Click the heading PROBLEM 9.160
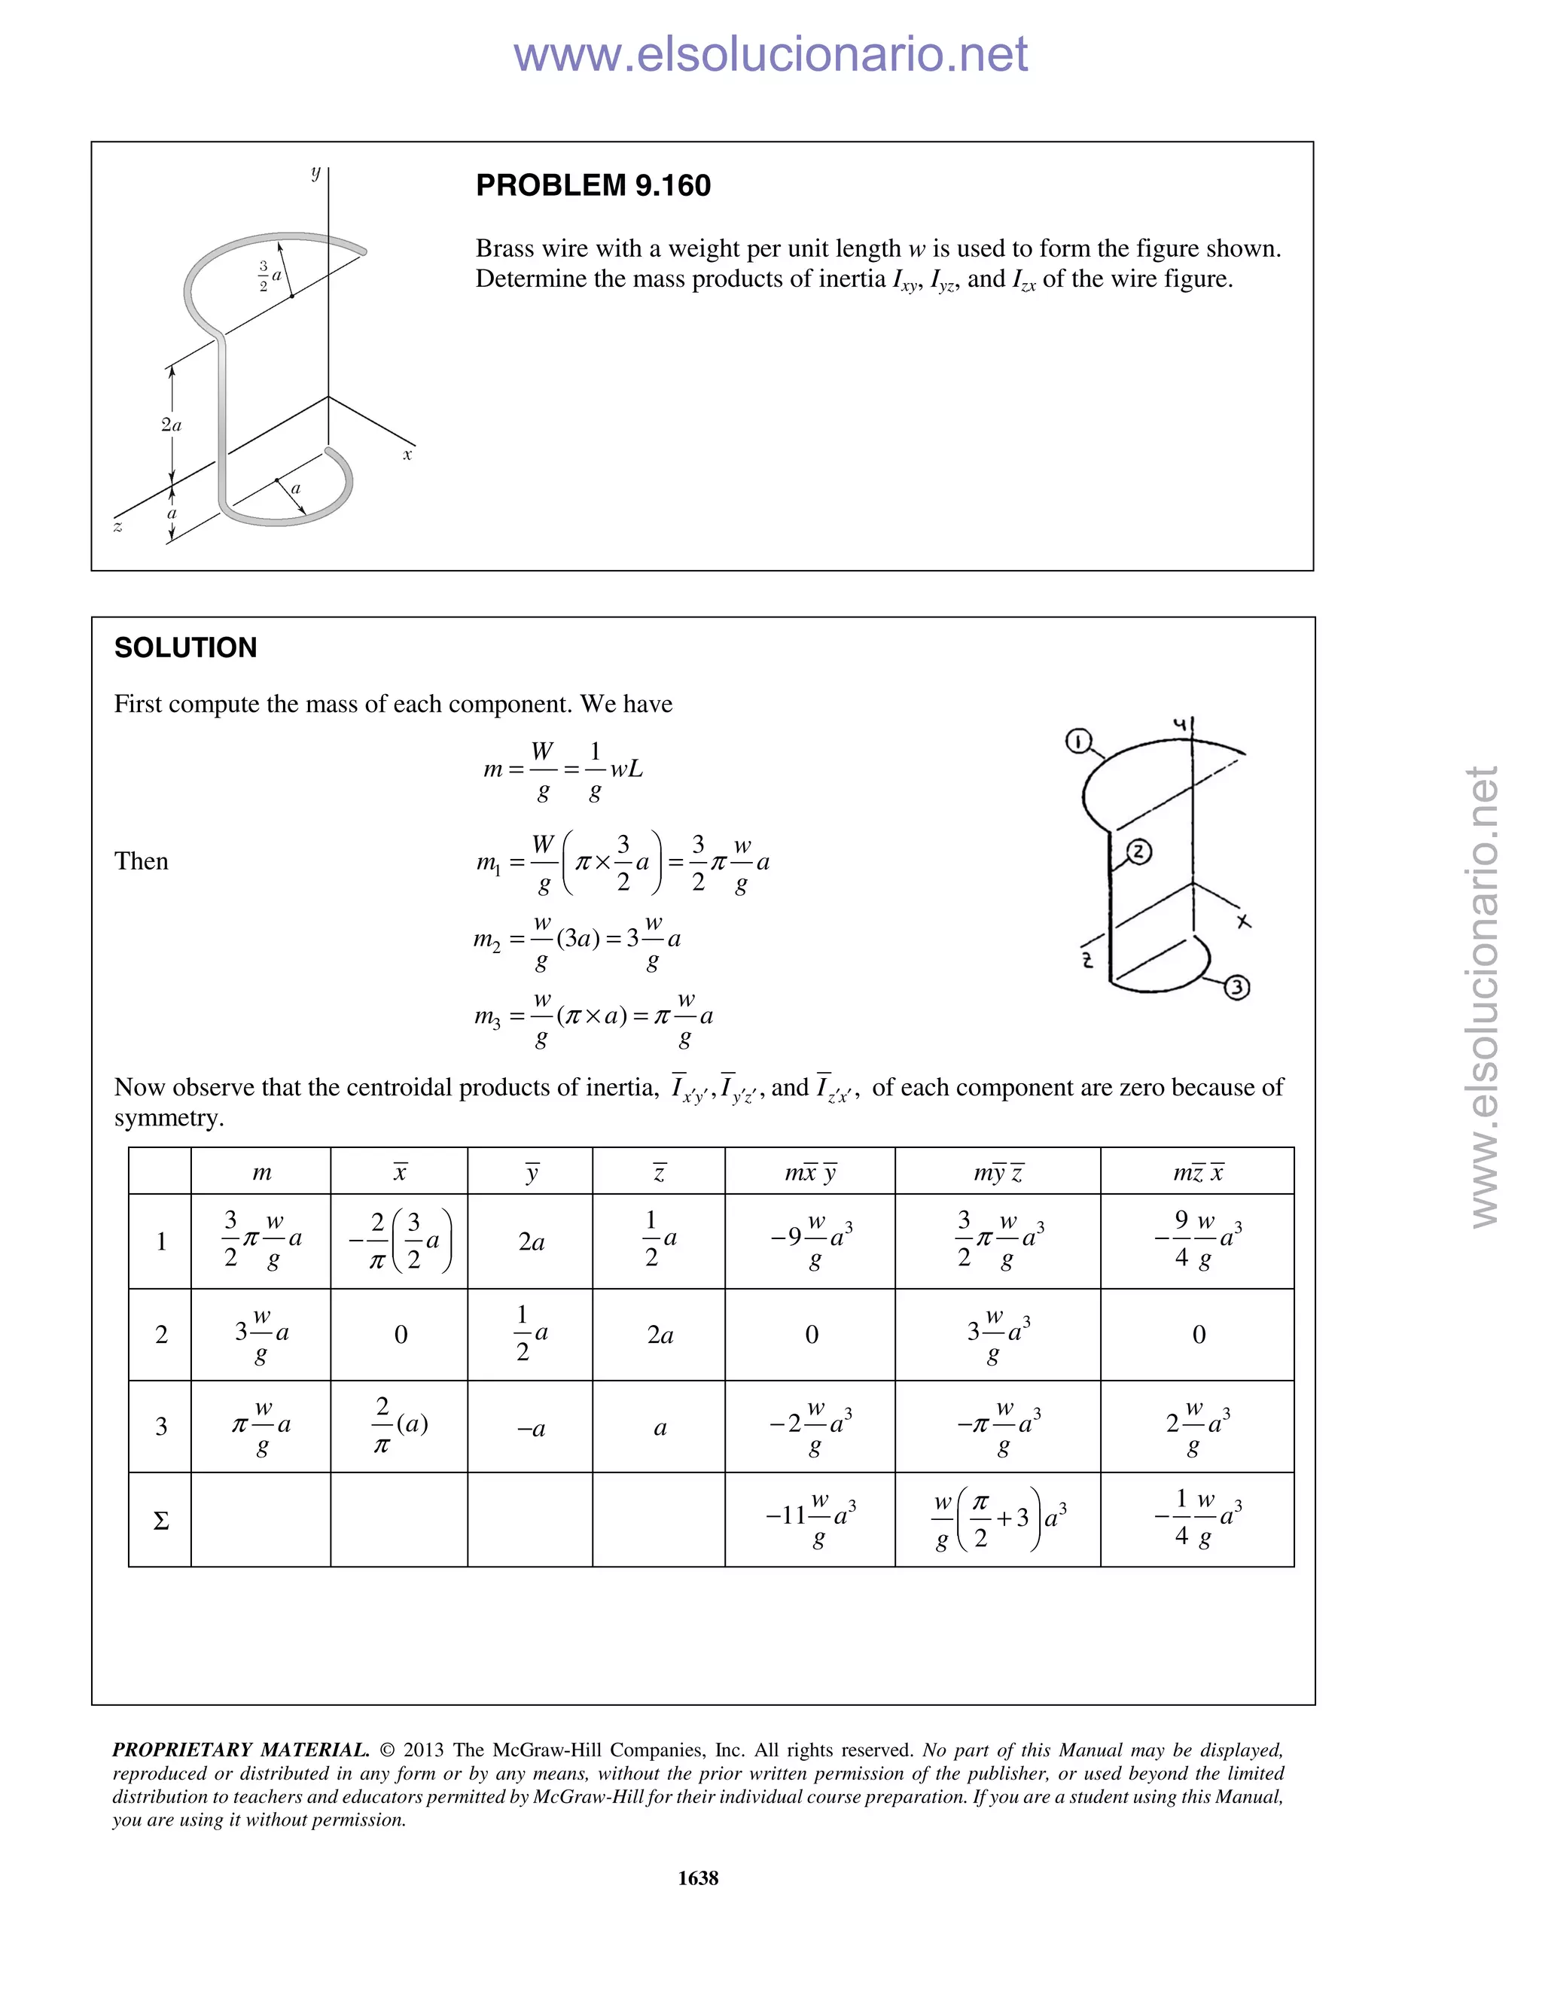tap(593, 185)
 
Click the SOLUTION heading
tap(185, 647)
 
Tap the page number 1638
tap(698, 1877)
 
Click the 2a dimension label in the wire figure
tap(171, 425)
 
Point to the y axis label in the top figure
tap(315, 172)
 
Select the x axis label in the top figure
tap(407, 454)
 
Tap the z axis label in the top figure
tap(118, 526)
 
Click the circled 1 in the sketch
tap(1079, 742)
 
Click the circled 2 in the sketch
tap(1138, 852)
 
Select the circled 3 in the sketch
tap(1236, 986)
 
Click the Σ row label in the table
tap(161, 1521)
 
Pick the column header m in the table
tap(261, 1173)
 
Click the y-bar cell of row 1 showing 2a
tap(531, 1242)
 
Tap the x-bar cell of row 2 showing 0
tap(400, 1335)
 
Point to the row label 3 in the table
tap(161, 1427)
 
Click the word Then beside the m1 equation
tap(141, 861)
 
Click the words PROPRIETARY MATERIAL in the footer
tap(240, 1750)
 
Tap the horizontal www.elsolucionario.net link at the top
tap(770, 54)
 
